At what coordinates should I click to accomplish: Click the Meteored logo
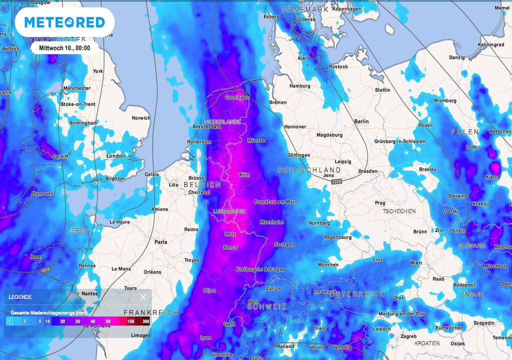pos(64,22)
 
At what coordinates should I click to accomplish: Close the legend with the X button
pos(143,297)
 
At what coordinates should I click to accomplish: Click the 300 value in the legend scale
pos(145,321)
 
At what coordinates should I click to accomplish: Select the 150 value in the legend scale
pos(130,321)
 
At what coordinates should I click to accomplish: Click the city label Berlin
pos(361,121)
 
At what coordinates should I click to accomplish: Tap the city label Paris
pos(161,242)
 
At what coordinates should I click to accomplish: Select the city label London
pos(115,156)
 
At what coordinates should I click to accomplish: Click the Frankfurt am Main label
pos(275,202)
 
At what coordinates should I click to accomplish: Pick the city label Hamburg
pos(299,86)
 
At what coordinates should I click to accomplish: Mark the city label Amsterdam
pos(206,127)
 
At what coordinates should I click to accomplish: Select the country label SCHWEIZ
pos(267,306)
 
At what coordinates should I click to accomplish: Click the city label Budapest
pos(464,285)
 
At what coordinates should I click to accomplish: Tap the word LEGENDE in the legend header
pos(20,297)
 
